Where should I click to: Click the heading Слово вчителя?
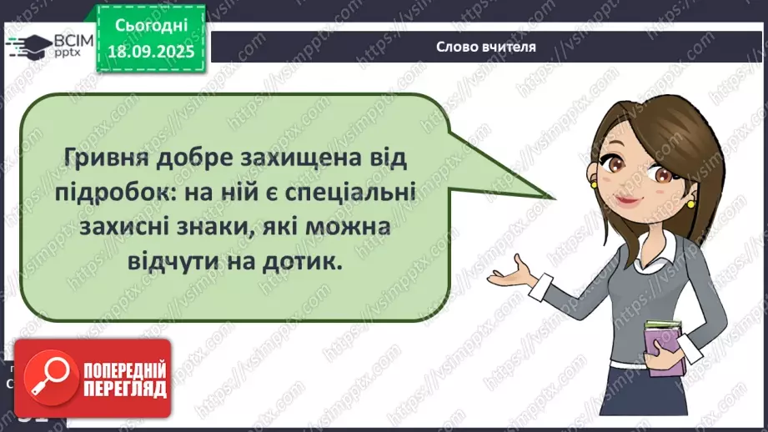(x=485, y=47)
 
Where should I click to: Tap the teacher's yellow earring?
(x=691, y=204)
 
